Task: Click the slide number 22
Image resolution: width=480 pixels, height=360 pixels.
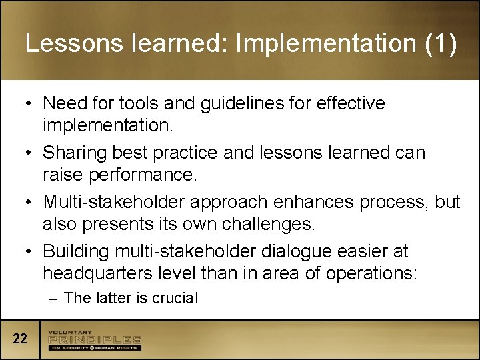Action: pyautogui.click(x=20, y=339)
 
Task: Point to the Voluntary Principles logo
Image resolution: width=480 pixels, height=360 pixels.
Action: pyautogui.click(x=94, y=339)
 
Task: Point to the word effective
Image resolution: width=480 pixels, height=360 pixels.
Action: pyautogui.click(x=351, y=103)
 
